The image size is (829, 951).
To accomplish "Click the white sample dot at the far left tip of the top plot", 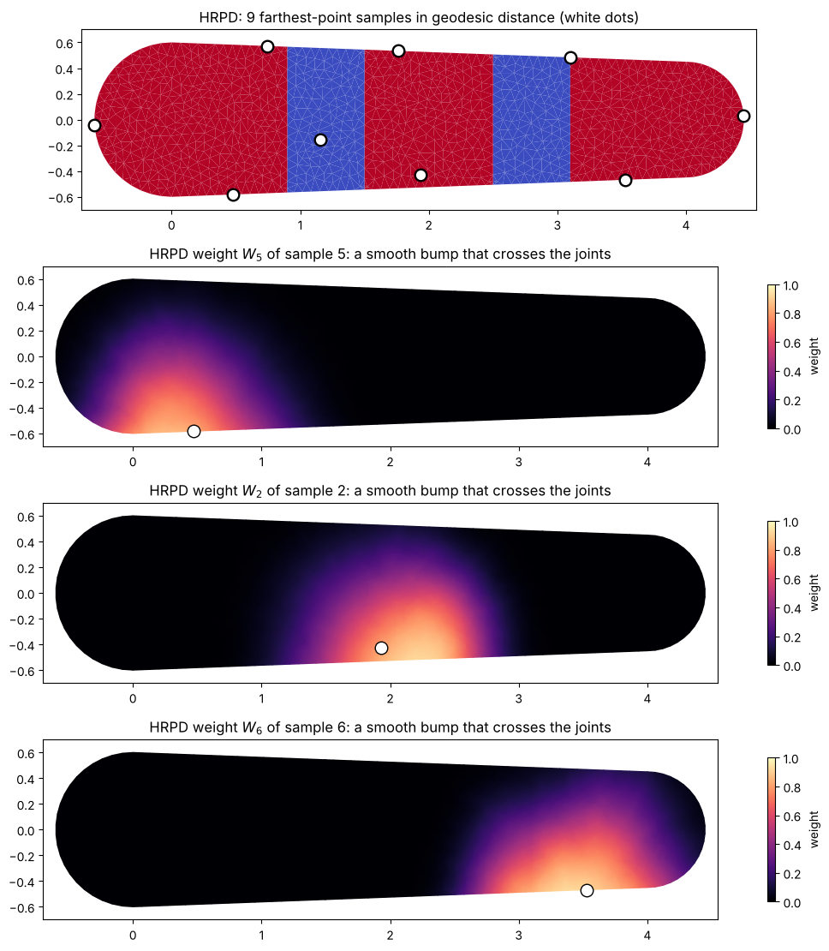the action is tap(94, 126).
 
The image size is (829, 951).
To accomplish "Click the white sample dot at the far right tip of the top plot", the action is tap(743, 116).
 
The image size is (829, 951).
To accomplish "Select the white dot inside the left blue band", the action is tap(321, 141).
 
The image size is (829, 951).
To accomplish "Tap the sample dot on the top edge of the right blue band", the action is tap(570, 57).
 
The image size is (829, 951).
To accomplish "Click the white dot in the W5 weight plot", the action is tap(194, 431).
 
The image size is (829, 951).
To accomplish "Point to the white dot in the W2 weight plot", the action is tap(381, 648).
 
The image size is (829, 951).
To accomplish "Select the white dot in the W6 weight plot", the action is tap(587, 890).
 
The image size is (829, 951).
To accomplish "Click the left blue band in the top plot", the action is tap(325, 119).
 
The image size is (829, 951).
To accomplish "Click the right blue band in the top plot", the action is tap(531, 119).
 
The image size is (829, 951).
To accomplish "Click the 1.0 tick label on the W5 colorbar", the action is tap(791, 285).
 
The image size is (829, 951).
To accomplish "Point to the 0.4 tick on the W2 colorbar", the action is tap(791, 608).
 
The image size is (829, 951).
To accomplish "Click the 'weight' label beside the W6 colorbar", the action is tap(814, 829).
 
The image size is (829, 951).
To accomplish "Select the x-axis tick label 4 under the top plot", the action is tap(686, 225).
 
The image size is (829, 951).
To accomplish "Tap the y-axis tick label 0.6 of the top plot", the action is tap(64, 43).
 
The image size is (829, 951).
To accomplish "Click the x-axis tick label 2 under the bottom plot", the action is tap(390, 935).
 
